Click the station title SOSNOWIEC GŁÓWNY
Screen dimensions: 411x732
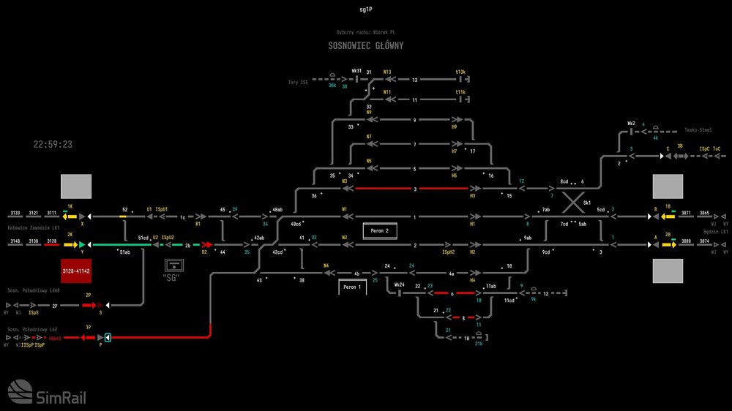tap(365, 45)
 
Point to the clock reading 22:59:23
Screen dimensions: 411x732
tap(53, 144)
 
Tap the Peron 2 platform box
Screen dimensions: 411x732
tap(378, 231)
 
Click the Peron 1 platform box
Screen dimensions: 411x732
tap(352, 287)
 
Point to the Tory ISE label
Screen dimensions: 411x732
tap(298, 83)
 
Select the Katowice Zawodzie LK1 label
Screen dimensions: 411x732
tap(34, 228)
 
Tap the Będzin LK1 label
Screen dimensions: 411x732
tap(714, 231)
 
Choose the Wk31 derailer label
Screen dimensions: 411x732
tap(356, 71)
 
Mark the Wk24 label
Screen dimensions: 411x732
tap(399, 284)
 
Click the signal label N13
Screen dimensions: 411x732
tap(387, 72)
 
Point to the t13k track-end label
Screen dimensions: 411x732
tap(460, 72)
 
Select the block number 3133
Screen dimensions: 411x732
tap(15, 213)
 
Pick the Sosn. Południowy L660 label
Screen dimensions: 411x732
tap(34, 290)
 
